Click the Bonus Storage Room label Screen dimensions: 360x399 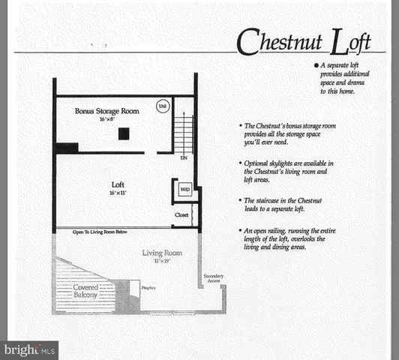point(106,111)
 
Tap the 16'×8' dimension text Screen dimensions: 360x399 point(106,119)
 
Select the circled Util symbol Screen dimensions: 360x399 point(162,106)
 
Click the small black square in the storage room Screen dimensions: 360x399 point(123,133)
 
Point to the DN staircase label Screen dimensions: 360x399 point(184,157)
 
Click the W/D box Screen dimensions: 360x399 point(184,190)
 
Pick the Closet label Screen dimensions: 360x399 point(181,214)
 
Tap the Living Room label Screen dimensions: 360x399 point(163,253)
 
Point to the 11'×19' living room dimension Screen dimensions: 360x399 point(163,261)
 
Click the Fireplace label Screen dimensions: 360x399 point(148,286)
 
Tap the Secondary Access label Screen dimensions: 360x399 point(213,279)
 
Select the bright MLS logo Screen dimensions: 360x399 point(30,349)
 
